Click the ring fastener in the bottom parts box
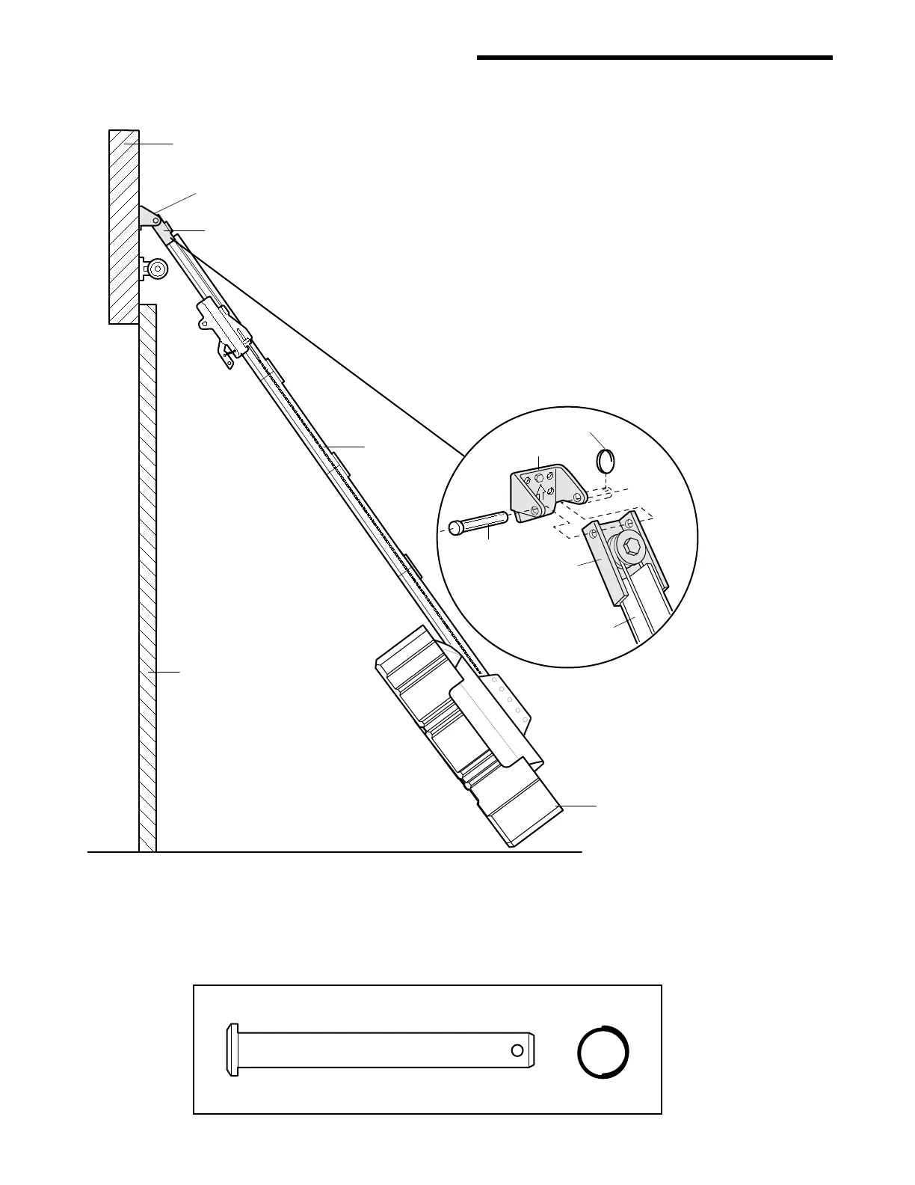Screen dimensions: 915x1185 coord(603,1052)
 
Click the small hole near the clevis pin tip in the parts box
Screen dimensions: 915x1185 coord(517,1050)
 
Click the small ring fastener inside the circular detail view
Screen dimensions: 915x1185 coord(606,459)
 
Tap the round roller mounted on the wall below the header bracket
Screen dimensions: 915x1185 coord(157,269)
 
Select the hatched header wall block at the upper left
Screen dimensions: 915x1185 coord(123,224)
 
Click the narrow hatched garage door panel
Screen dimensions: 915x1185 coord(148,576)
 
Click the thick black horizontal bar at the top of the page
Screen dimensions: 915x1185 coord(654,58)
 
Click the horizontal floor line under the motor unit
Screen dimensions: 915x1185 coord(336,851)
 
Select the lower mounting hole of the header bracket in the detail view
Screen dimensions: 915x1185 coord(534,509)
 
